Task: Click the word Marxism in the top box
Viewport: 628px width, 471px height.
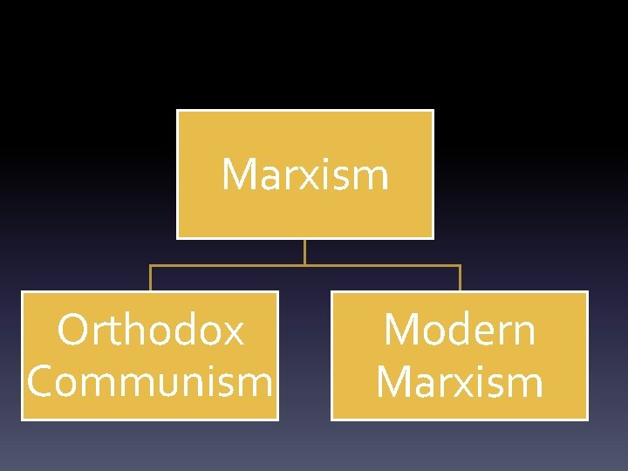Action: [x=304, y=174]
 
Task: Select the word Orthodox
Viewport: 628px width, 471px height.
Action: [x=150, y=331]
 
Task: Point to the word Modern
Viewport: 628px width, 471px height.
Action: [x=460, y=331]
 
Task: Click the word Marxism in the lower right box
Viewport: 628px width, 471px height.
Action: [x=460, y=381]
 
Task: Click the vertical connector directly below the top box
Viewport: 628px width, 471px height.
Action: [x=304, y=251]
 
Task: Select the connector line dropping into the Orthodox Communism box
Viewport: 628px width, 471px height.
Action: [x=150, y=278]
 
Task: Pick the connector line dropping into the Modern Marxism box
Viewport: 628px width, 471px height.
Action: [x=460, y=278]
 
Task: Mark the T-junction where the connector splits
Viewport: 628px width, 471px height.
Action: [x=304, y=265]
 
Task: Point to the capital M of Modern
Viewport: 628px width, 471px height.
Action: [x=403, y=331]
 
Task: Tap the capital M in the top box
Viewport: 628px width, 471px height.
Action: [x=241, y=174]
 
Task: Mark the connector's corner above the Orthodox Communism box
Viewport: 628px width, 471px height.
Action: [x=150, y=265]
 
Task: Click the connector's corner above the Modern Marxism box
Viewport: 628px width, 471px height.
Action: [x=460, y=265]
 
